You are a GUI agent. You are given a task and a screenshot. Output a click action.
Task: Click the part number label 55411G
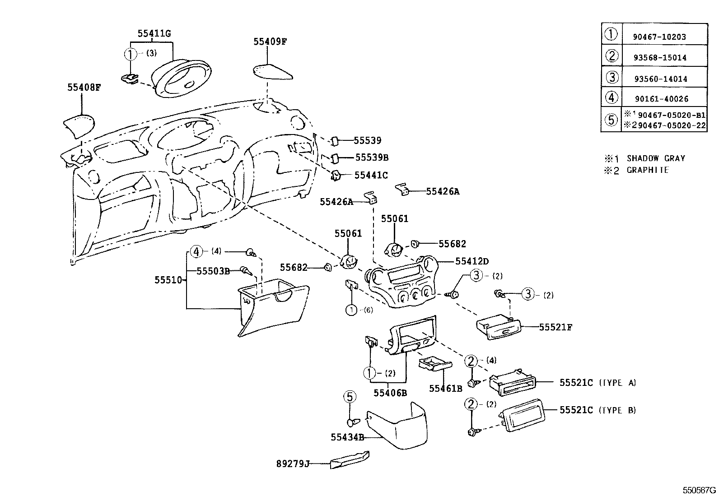[x=154, y=33]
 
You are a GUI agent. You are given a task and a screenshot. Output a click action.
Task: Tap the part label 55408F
[x=84, y=88]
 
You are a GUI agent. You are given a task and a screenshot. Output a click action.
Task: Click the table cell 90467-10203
[x=659, y=37]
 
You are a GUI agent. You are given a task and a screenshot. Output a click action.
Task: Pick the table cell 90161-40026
[x=660, y=99]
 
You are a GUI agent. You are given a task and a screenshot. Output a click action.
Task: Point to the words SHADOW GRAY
[x=656, y=158]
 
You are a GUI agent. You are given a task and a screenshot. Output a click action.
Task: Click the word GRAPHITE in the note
[x=647, y=170]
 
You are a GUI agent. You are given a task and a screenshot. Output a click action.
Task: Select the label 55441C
[x=371, y=175]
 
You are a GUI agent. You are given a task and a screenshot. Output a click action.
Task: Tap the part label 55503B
[x=213, y=271]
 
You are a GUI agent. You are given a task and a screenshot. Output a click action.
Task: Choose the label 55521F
[x=555, y=327]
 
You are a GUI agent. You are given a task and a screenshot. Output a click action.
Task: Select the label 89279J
[x=293, y=464]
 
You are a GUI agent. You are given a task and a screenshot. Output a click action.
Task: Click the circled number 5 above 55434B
[x=350, y=397]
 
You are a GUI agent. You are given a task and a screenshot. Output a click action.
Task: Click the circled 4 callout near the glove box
[x=196, y=251]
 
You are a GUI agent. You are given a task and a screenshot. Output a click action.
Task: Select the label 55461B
[x=445, y=388]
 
